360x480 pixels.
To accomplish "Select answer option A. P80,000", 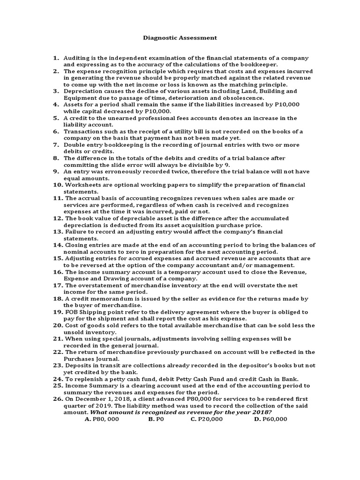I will pyautogui.click(x=102, y=419).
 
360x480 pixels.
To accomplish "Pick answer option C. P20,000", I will pyautogui.click(x=206, y=419).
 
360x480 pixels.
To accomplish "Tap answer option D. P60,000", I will pyautogui.click(x=270, y=419).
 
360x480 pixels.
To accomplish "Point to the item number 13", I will pyautogui.click(x=58, y=232).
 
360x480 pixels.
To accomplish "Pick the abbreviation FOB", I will pyautogui.click(x=71, y=312).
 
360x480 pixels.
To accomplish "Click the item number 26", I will pyautogui.click(x=58, y=399).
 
